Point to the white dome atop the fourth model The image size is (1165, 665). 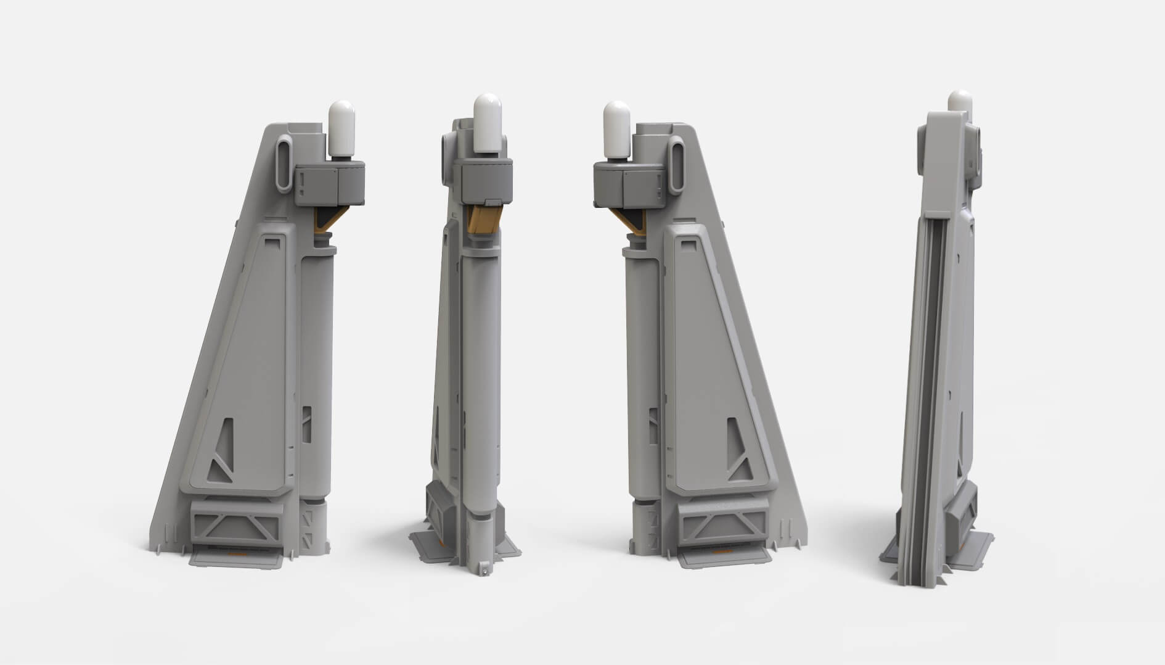coord(959,102)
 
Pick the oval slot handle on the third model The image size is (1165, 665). coord(676,163)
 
